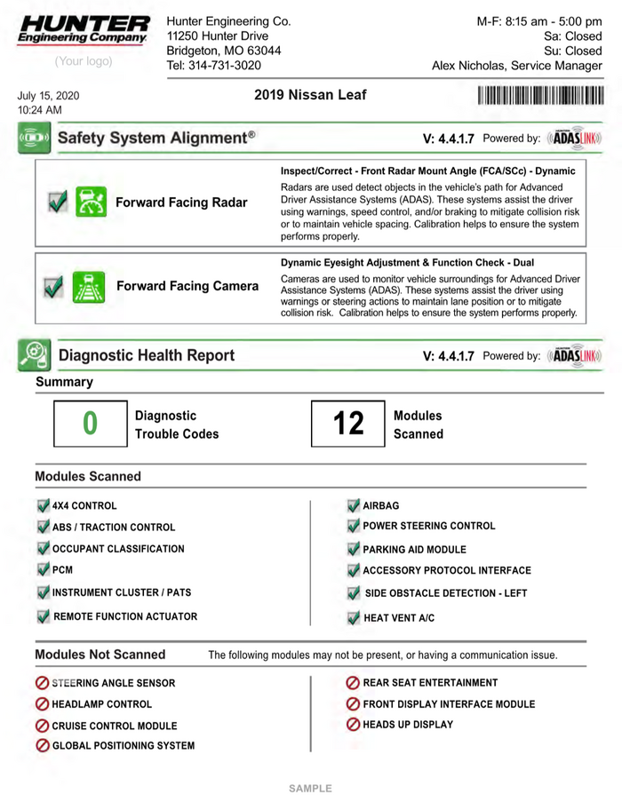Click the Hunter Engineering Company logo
84,29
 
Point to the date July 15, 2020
48,95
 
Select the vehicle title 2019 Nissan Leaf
310,95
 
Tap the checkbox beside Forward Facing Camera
53,287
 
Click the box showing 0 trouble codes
90,424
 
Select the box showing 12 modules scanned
348,424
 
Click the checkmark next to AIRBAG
354,505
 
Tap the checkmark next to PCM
44,570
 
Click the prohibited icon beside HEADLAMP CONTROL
42,704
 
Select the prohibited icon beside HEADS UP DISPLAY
353,725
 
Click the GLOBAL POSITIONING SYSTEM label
123,746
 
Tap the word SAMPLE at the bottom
310,789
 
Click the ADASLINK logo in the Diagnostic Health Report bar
575,356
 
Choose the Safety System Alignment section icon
33,139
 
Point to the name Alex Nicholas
472,66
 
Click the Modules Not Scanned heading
100,655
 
